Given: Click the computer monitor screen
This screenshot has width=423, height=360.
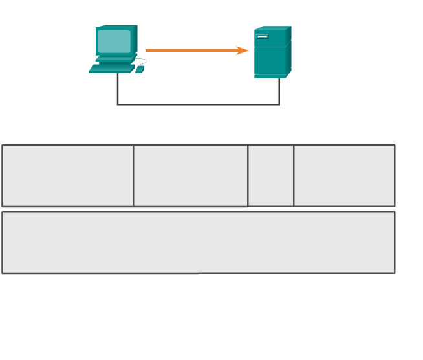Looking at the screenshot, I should (114, 41).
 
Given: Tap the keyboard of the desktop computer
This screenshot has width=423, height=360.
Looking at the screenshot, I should (111, 67).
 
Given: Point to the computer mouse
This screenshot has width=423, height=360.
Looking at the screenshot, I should (139, 69).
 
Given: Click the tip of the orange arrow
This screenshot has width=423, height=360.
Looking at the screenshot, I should (248, 51).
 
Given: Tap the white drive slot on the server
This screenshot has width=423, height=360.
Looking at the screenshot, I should (263, 36).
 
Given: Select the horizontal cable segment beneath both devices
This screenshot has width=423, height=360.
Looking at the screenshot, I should (198, 104).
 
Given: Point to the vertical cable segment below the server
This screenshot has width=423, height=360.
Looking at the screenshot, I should (279, 91).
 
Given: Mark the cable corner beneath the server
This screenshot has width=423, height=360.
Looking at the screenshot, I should (279, 104).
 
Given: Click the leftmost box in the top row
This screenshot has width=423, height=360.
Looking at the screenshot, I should (67, 175).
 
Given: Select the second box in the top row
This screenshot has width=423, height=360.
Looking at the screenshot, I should (190, 175).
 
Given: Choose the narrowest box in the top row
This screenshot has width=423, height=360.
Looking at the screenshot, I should (270, 175).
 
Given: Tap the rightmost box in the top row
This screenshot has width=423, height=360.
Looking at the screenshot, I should (344, 175).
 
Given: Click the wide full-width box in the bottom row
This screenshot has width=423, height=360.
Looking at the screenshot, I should (198, 242).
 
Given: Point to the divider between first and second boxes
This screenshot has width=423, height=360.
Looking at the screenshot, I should (133, 175).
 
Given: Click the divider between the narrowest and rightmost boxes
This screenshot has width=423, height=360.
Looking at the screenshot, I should (294, 175).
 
